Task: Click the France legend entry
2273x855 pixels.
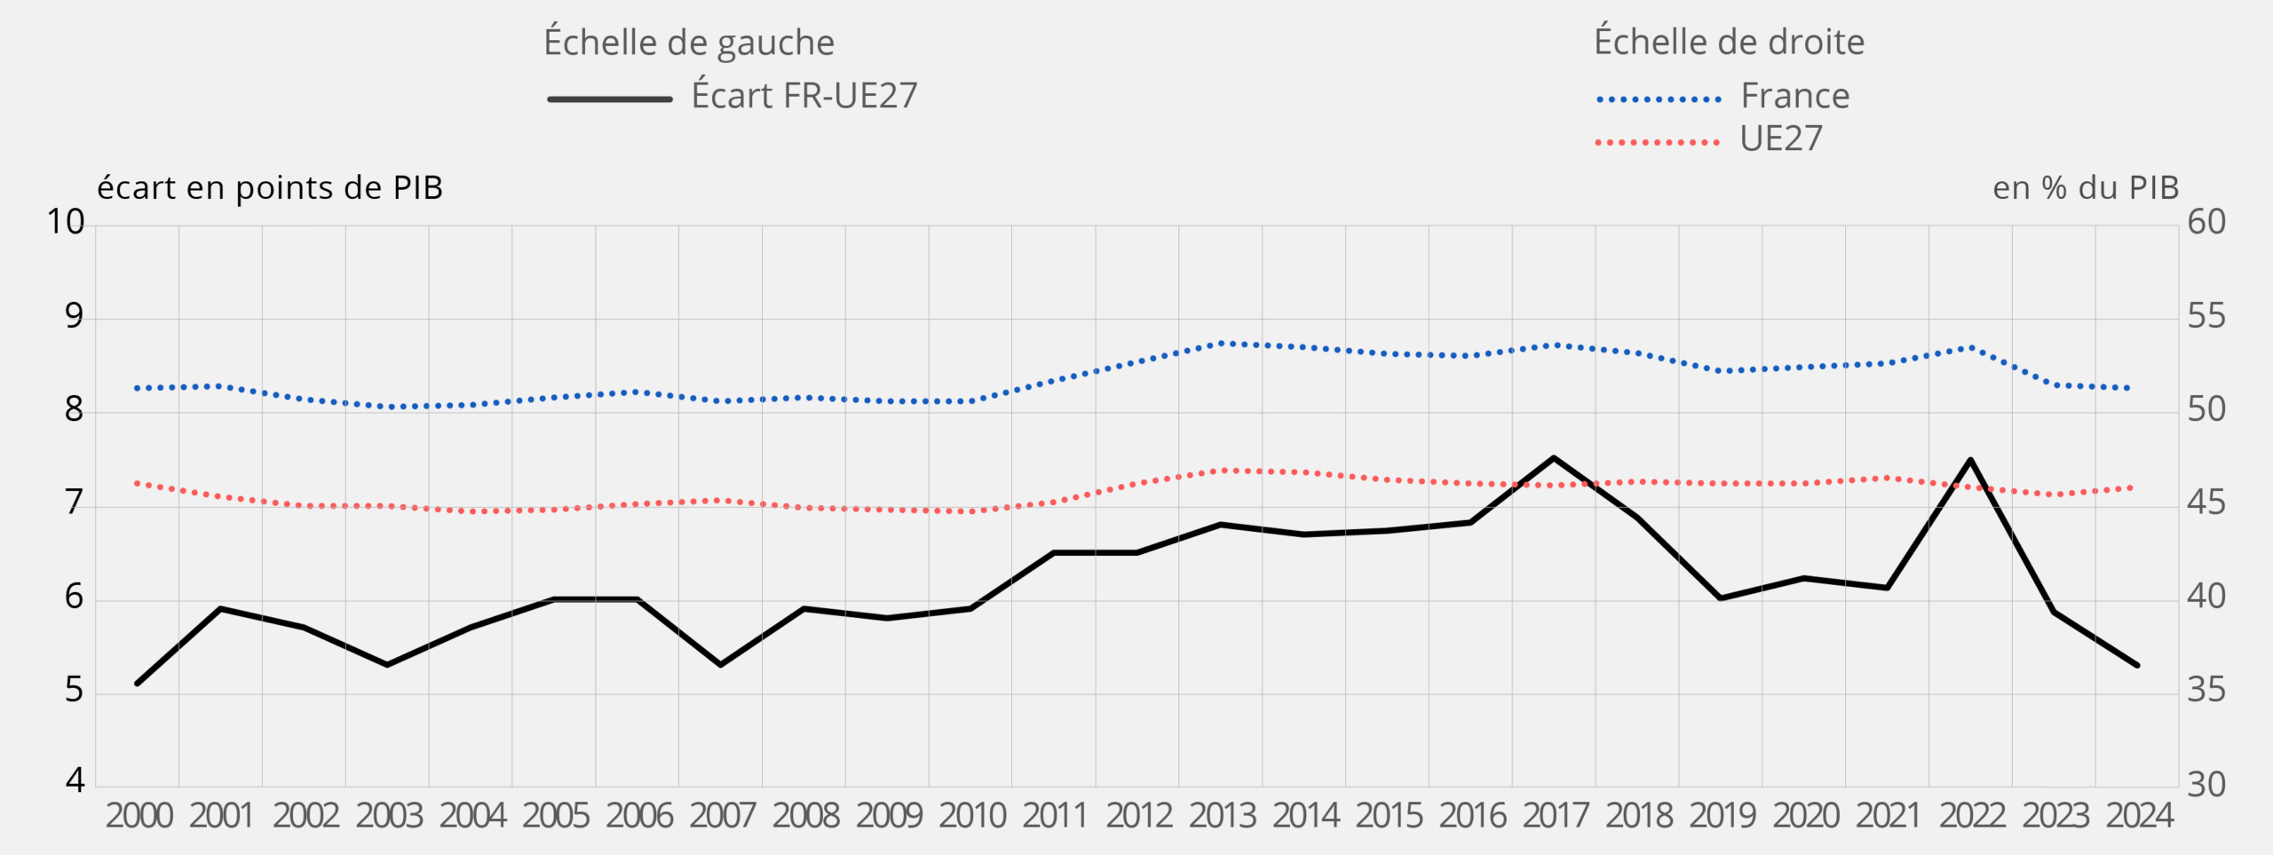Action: click(1794, 96)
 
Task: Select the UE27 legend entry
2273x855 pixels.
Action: click(1781, 139)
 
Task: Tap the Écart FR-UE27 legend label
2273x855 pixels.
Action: click(804, 96)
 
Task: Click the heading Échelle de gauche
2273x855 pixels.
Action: click(689, 43)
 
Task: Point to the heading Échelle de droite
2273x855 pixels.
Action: click(1729, 42)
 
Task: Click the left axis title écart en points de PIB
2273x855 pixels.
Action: click(270, 188)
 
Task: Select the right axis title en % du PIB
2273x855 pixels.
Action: click(2086, 188)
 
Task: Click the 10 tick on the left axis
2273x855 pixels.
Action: click(66, 222)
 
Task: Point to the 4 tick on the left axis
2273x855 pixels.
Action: click(75, 780)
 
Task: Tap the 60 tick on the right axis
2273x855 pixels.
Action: click(2206, 222)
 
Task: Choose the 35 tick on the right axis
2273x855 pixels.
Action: click(2206, 690)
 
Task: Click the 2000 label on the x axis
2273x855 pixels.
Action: click(139, 816)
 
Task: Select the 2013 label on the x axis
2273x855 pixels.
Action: click(1223, 816)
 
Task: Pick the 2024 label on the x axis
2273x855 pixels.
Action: click(2140, 816)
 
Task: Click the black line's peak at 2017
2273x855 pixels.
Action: click(1554, 458)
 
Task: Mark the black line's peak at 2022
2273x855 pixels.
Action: click(1970, 460)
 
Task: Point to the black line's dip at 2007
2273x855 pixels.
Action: click(720, 664)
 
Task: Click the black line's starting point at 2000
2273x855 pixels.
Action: click(137, 683)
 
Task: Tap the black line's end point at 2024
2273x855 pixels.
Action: click(2137, 664)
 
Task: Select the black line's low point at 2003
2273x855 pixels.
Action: click(387, 664)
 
